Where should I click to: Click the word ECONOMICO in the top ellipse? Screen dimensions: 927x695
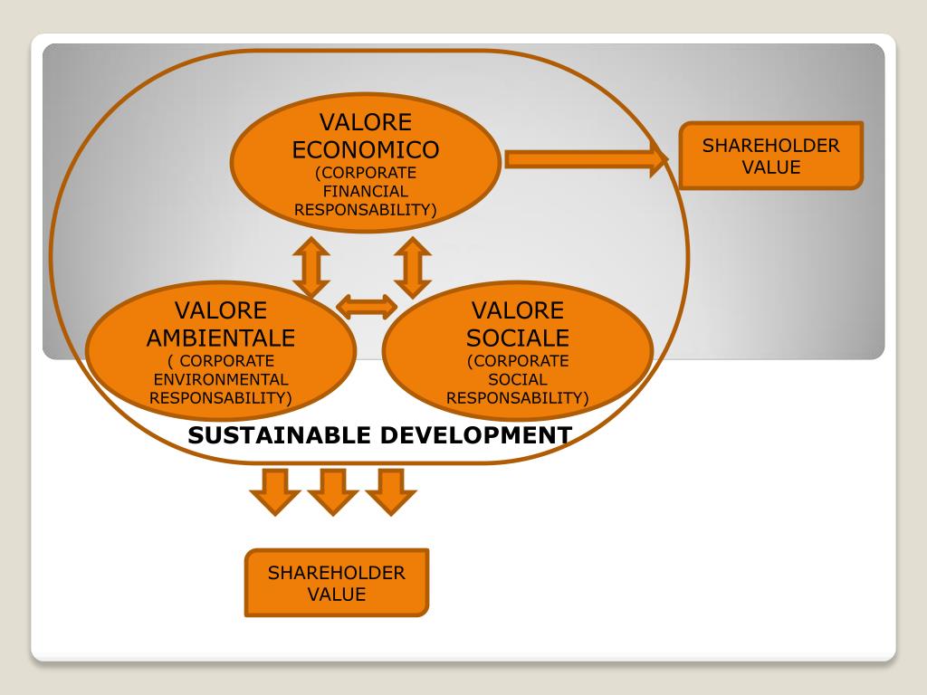click(366, 149)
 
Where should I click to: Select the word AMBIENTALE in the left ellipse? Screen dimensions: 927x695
click(221, 338)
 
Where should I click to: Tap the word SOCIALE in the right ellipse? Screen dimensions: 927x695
click(518, 338)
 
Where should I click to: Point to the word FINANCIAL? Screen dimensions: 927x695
click(366, 191)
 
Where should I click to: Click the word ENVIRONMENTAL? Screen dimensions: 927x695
click(221, 379)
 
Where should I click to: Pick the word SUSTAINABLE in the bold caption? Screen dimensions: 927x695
click(278, 435)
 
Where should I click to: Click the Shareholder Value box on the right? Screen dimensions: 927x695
click(771, 156)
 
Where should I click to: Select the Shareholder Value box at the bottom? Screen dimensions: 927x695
click(337, 583)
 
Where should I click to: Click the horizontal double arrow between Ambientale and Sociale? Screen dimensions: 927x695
click(367, 307)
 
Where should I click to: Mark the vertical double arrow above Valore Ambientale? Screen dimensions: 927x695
click(311, 267)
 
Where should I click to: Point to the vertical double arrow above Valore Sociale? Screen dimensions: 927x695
click(413, 267)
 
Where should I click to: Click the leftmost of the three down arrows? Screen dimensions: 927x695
click(274, 490)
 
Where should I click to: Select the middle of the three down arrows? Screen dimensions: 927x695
click(333, 490)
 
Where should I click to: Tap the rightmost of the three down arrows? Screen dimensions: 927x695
click(391, 490)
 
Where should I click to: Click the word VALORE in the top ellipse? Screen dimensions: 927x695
click(366, 122)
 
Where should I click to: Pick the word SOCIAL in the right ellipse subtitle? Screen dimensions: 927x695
click(518, 379)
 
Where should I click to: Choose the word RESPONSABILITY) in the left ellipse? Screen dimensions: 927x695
click(221, 397)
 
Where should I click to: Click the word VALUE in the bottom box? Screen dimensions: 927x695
click(337, 595)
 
